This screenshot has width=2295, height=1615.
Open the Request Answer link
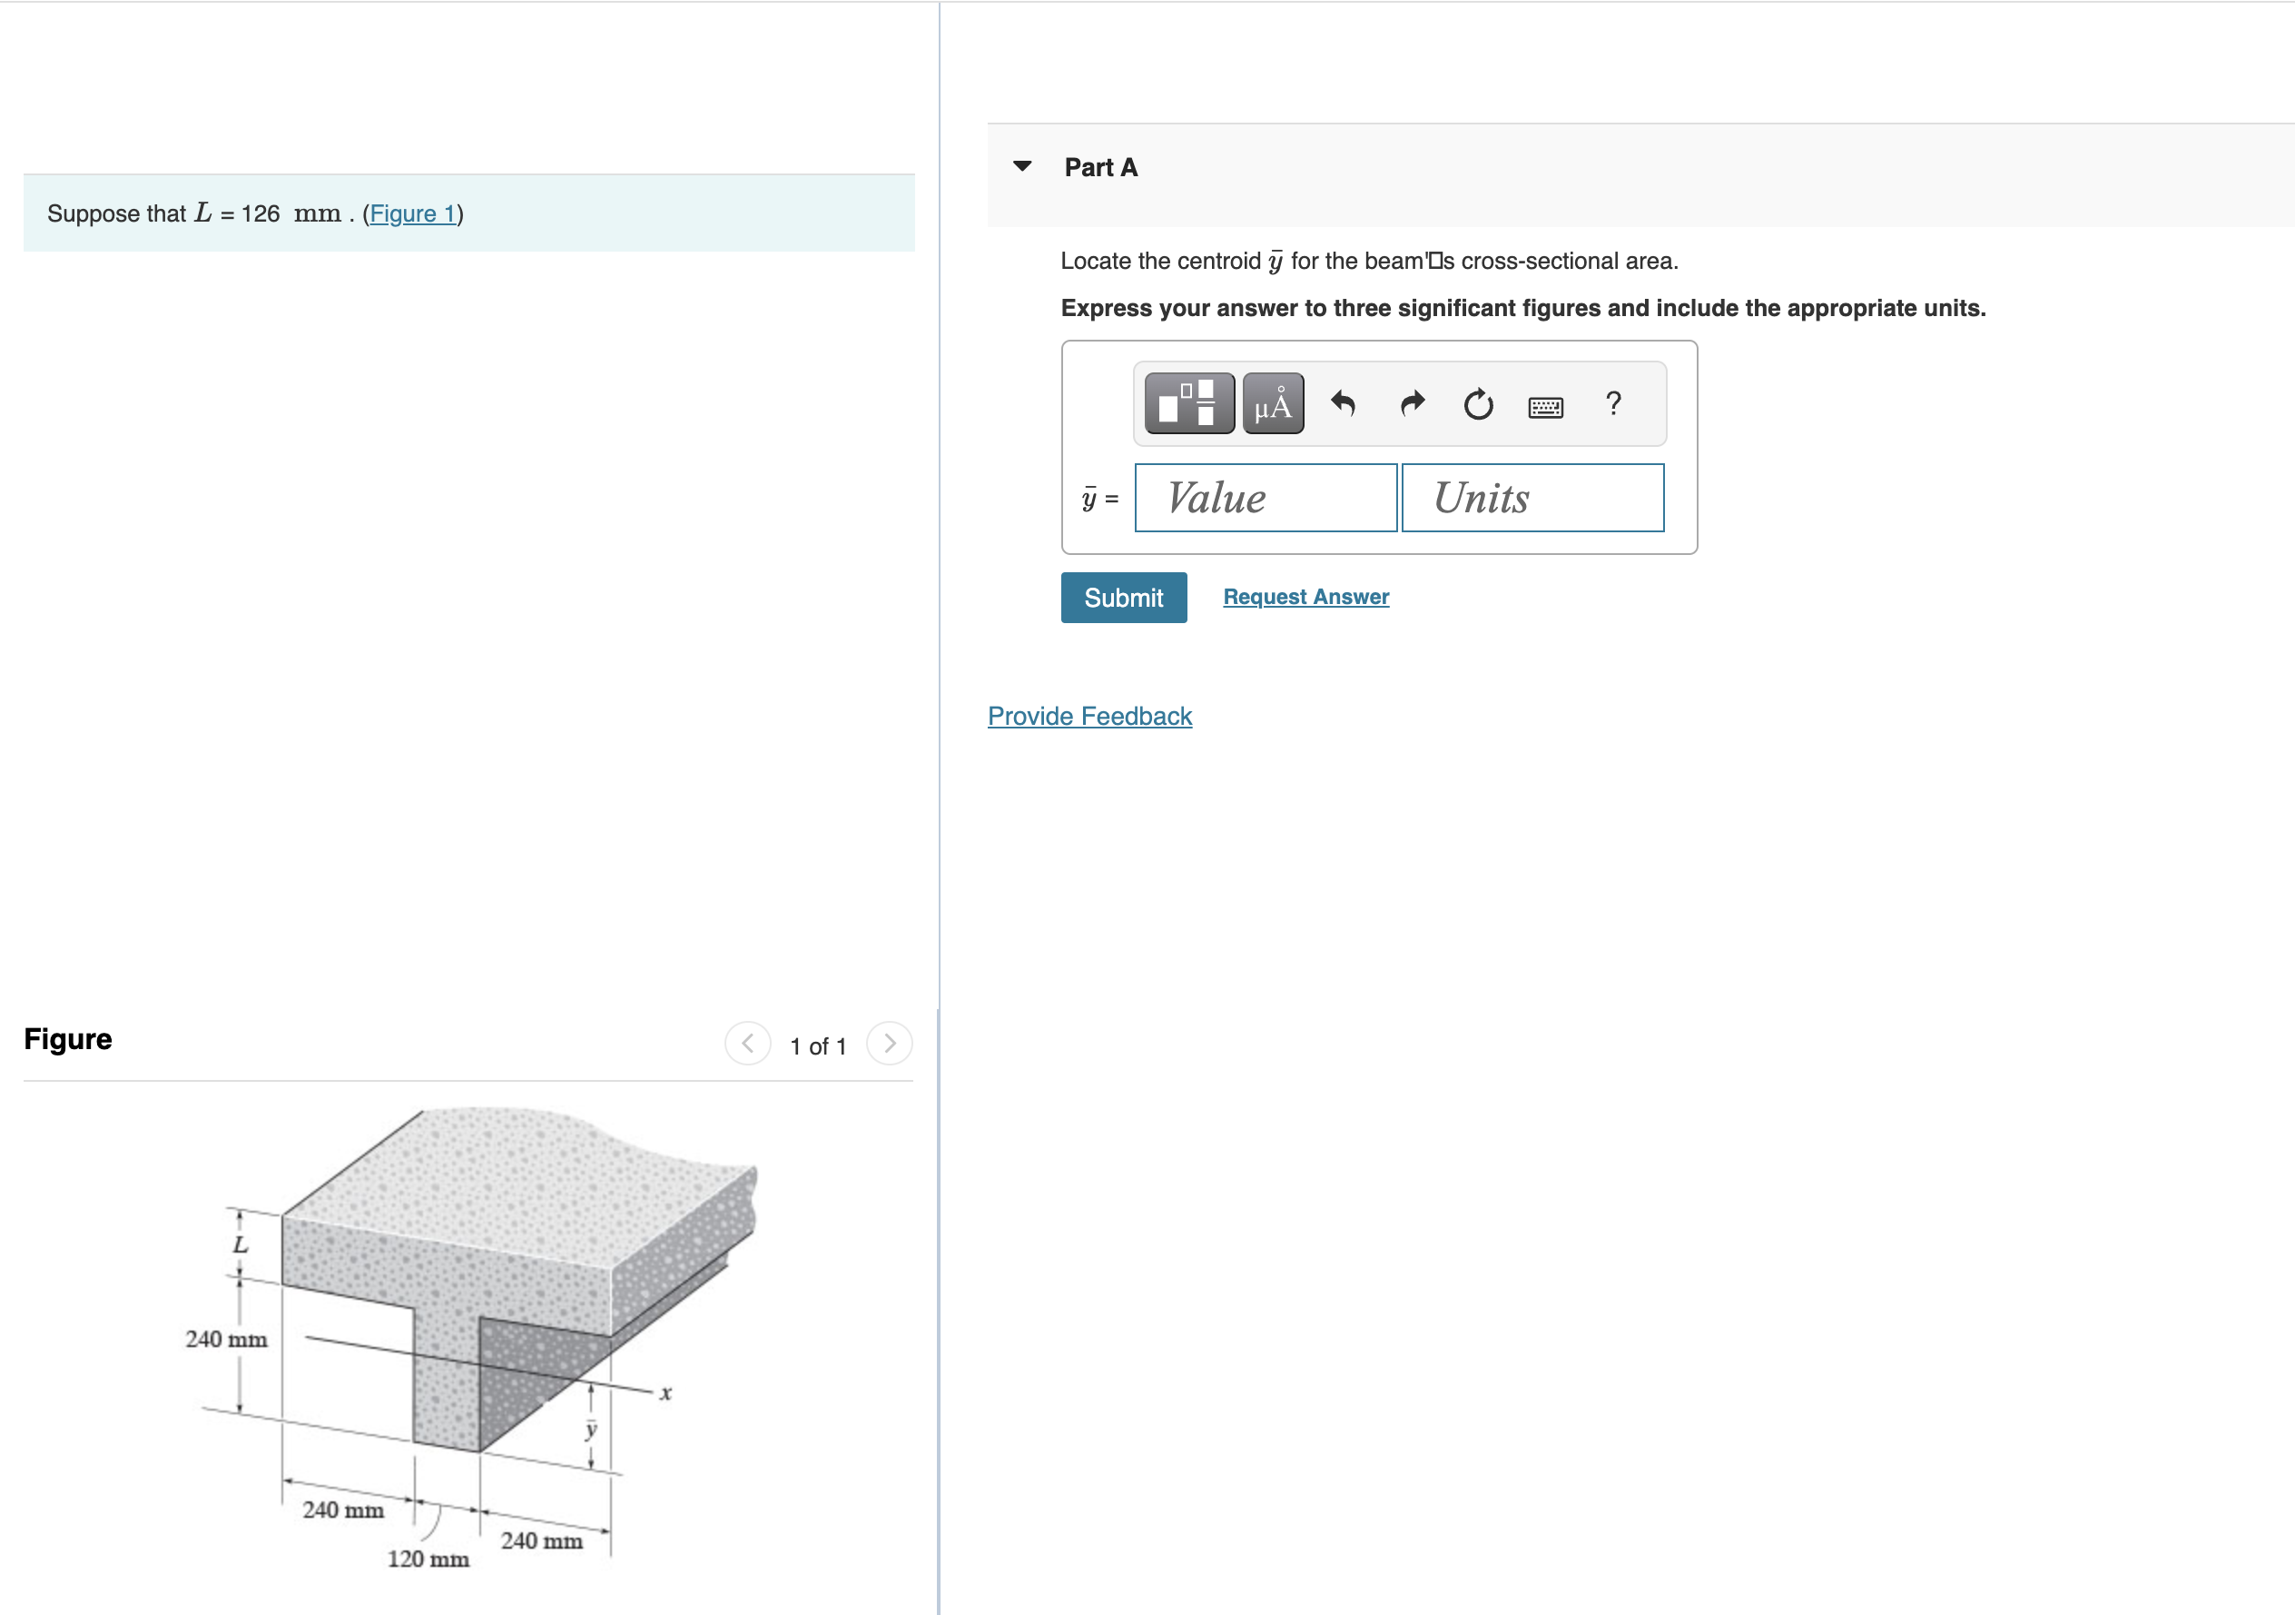coord(1305,597)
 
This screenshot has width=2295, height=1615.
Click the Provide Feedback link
coord(1089,716)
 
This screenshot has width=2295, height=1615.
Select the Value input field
coord(1265,498)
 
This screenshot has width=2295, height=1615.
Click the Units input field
coord(1532,498)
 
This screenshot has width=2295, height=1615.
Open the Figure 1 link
coord(412,214)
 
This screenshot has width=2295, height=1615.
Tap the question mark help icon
coord(1612,404)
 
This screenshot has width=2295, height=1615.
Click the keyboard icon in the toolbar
coord(1545,406)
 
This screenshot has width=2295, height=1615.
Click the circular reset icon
coord(1477,404)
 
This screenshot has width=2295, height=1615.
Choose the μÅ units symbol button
coord(1273,404)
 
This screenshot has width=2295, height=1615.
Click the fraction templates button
coord(1188,404)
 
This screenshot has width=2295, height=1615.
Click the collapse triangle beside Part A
coord(1021,166)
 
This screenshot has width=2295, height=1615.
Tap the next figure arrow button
coord(889,1044)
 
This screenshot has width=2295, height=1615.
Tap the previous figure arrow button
coord(748,1044)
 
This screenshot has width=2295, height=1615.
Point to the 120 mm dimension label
coord(428,1559)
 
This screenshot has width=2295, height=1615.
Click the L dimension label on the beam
coord(240,1245)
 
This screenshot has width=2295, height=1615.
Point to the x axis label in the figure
coord(665,1393)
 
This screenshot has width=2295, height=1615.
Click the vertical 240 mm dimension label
coord(226,1339)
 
